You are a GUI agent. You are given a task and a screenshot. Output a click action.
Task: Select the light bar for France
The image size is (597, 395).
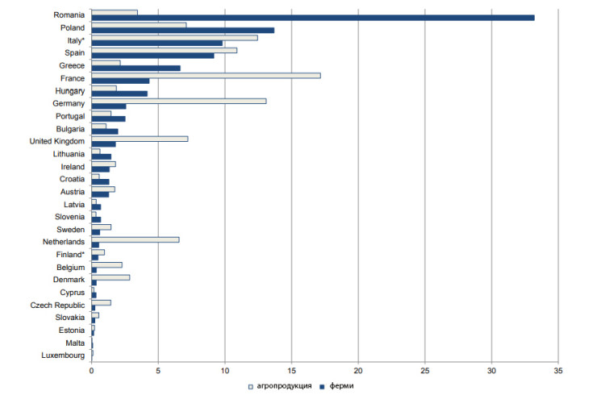click(x=206, y=75)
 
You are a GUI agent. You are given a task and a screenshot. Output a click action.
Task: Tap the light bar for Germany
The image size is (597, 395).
click(x=178, y=101)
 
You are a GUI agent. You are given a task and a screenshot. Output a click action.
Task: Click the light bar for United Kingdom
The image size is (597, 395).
click(x=140, y=139)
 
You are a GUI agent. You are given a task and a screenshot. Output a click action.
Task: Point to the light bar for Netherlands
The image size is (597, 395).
click(x=135, y=239)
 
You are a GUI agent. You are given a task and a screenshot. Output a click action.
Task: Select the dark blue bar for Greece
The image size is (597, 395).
click(x=136, y=68)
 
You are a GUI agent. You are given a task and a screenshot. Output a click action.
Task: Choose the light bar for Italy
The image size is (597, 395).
click(x=174, y=37)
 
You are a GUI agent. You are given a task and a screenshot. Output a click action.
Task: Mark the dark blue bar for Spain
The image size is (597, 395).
click(x=152, y=56)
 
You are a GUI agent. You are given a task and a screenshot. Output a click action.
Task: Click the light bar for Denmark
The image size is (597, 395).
click(x=111, y=277)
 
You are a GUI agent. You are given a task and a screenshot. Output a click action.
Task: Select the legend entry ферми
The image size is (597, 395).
click(x=340, y=386)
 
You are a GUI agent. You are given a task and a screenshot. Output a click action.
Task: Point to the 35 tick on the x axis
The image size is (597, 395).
click(x=557, y=372)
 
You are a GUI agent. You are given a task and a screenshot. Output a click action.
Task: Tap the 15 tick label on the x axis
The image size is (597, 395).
click(x=291, y=372)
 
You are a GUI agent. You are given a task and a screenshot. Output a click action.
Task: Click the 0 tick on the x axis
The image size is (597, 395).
click(x=91, y=372)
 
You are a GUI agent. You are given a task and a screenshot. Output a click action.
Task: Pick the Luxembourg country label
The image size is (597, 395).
click(x=64, y=355)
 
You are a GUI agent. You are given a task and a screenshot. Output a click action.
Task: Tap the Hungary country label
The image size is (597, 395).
click(x=69, y=90)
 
